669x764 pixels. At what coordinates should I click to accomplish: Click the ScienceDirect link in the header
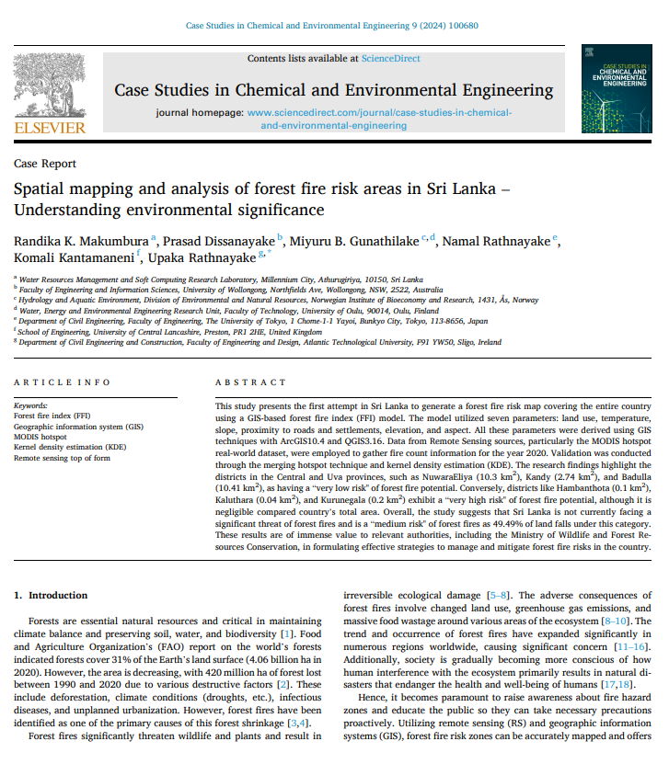pyautogui.click(x=390, y=59)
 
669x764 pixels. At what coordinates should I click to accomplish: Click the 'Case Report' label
pyautogui.click(x=45, y=164)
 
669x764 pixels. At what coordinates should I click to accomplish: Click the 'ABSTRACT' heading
pyautogui.click(x=250, y=382)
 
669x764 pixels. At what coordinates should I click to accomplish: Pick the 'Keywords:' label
pyautogui.click(x=31, y=405)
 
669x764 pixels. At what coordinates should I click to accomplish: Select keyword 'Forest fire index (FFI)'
pyautogui.click(x=53, y=416)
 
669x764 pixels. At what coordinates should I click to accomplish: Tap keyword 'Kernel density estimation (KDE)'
pyautogui.click(x=71, y=446)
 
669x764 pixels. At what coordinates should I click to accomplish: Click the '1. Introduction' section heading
pyautogui.click(x=52, y=595)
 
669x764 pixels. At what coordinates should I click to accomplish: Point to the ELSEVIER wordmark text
pyautogui.click(x=50, y=128)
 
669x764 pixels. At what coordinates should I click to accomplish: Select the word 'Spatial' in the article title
pyautogui.click(x=42, y=190)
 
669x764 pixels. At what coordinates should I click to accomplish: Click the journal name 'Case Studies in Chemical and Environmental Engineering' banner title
pyautogui.click(x=333, y=90)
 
